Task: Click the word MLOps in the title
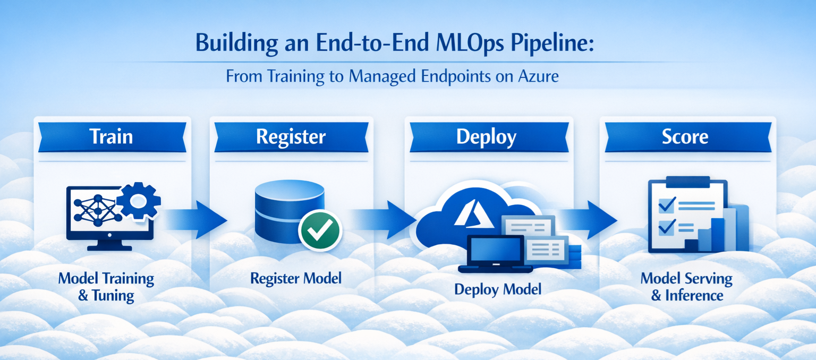point(470,43)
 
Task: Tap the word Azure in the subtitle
point(538,76)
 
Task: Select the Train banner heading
point(111,137)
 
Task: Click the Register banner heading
point(291,137)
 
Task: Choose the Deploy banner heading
point(486,138)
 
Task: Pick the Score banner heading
point(685,137)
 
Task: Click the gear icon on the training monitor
point(139,201)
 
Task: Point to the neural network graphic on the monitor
point(98,210)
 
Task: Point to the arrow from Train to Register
point(195,220)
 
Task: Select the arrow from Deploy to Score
point(587,220)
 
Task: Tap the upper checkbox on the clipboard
point(667,205)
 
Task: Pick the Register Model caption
point(296,278)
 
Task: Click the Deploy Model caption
point(498,290)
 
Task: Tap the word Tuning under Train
point(113,296)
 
